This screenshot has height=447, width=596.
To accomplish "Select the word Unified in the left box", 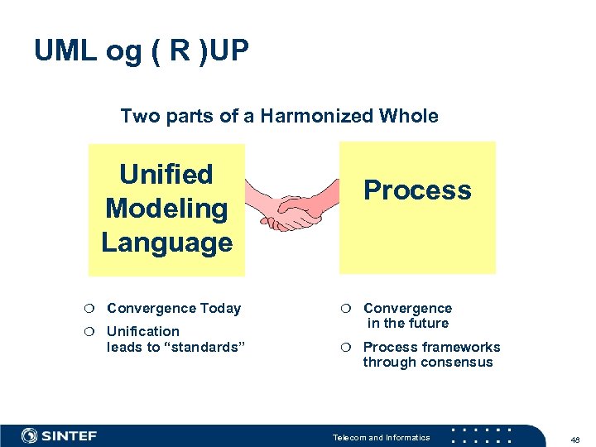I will point(166,175).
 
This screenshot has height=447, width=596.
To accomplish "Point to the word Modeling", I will point(166,209).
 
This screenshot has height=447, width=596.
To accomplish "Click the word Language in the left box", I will point(166,243).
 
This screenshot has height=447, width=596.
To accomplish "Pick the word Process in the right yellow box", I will point(417,190).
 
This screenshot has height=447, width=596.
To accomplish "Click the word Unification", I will point(143,331).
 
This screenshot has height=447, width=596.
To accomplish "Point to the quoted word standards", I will point(205,347).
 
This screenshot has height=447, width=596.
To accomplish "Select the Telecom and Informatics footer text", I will point(381,437).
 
